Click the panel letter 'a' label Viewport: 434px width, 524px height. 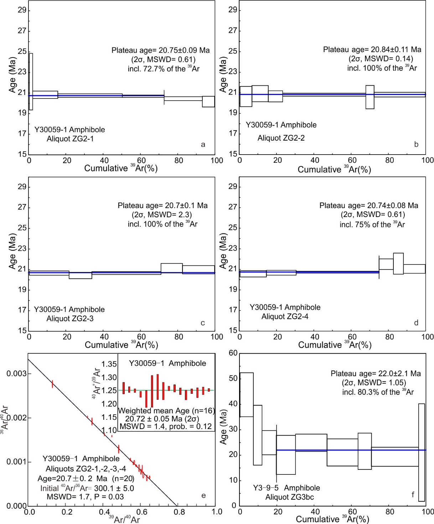pyautogui.click(x=203, y=144)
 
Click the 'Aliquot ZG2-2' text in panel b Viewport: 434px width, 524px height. pyautogui.click(x=281, y=138)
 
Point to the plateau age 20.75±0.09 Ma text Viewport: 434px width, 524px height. pyautogui.click(x=160, y=50)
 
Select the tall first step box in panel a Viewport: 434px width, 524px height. pyautogui.click(x=31, y=82)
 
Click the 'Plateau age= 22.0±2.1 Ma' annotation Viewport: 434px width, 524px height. pyautogui.click(x=376, y=373)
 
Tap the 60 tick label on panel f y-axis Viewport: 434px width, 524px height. pyautogui.click(x=233, y=353)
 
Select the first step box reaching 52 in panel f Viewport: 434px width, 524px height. pyautogui.click(x=247, y=394)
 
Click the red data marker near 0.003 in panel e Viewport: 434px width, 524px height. pyautogui.click(x=52, y=384)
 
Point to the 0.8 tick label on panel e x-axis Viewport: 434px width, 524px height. pyautogui.click(x=179, y=512)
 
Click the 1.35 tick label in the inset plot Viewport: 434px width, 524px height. pyautogui.click(x=109, y=364)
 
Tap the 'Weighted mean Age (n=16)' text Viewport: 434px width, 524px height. pyautogui.click(x=166, y=411)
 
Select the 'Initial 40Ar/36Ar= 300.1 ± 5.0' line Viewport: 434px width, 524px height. pyautogui.click(x=87, y=488)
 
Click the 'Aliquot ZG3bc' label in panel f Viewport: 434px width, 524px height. pyautogui.click(x=289, y=497)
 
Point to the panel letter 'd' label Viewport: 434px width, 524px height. pyautogui.click(x=416, y=323)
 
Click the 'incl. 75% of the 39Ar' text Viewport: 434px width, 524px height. pyautogui.click(x=372, y=225)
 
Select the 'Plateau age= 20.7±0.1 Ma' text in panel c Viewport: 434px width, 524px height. pyautogui.click(x=162, y=206)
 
